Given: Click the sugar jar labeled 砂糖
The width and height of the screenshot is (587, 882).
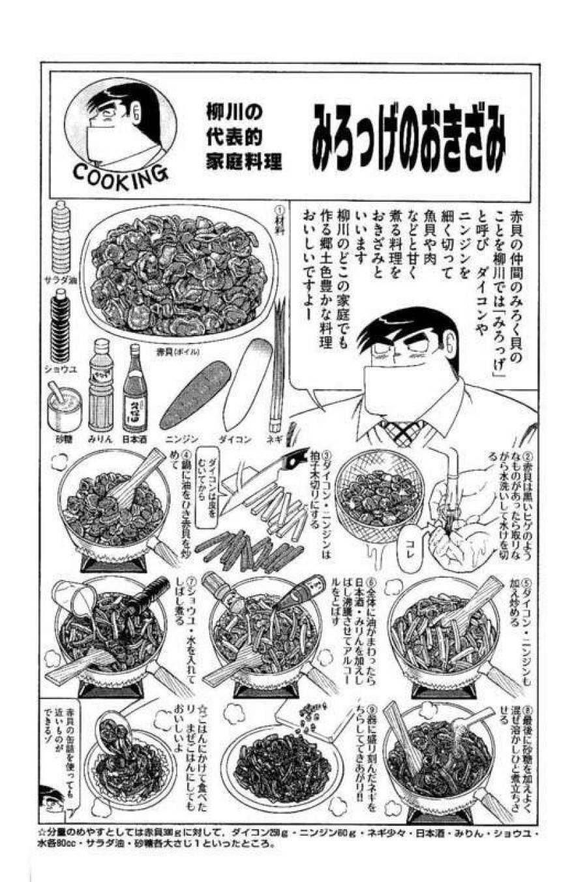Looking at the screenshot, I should [63, 406].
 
